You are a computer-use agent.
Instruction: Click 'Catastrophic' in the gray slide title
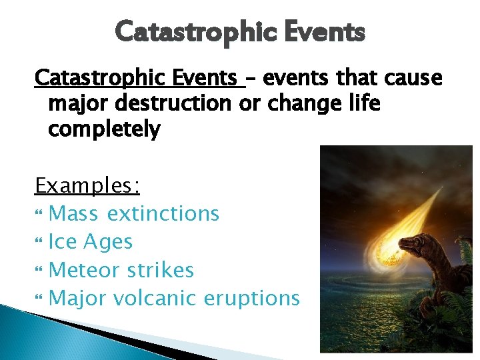click(x=188, y=31)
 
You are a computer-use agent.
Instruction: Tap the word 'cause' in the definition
click(x=416, y=79)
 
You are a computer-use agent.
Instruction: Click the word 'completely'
click(x=104, y=129)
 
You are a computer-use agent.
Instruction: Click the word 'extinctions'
click(x=163, y=213)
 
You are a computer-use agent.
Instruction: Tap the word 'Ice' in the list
click(x=63, y=241)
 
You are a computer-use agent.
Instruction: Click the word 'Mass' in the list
click(x=73, y=213)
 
